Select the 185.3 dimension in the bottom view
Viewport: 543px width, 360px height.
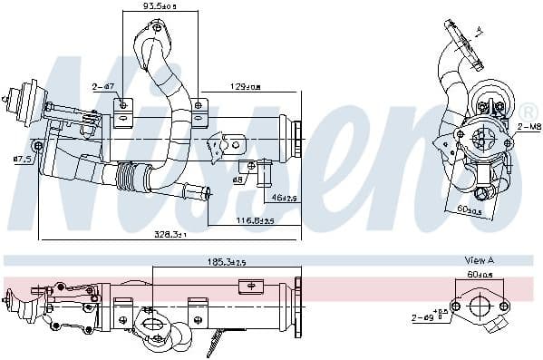[225, 262]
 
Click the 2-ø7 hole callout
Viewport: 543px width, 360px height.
[102, 87]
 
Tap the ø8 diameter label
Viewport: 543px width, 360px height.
[238, 179]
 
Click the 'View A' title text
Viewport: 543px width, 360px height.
[479, 260]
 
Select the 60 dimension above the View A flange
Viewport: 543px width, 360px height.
[479, 274]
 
